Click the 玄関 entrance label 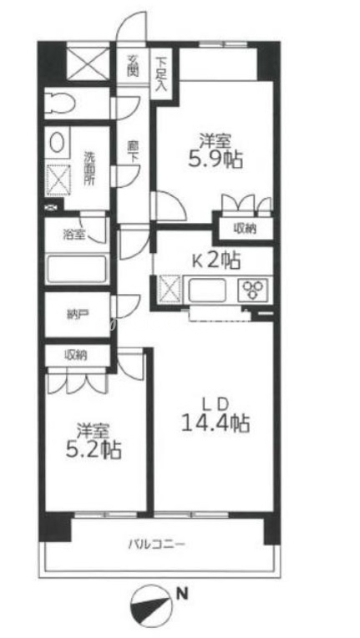pos(133,65)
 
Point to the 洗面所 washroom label pos(89,169)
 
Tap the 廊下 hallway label pos(133,153)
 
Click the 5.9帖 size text pos(215,160)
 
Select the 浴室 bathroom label pos(74,235)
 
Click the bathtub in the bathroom pos(77,269)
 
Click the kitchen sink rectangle pos(207,290)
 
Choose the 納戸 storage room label pos(76,315)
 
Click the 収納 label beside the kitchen pos(245,229)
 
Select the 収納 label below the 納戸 pos(76,355)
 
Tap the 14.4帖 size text pos(215,424)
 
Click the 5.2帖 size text pos(94,450)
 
